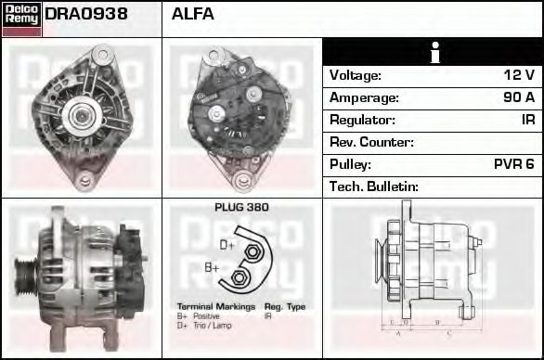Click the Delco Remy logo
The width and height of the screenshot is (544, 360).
[21, 19]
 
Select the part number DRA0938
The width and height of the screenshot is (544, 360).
[86, 15]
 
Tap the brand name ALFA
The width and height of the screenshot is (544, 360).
[193, 15]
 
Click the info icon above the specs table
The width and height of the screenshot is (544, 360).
[434, 53]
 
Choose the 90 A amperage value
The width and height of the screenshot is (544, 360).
[517, 97]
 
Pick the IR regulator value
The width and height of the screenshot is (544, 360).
[527, 120]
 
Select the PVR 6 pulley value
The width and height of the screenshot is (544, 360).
[514, 164]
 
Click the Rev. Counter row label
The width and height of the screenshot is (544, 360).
[371, 142]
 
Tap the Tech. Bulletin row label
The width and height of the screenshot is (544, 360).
[374, 186]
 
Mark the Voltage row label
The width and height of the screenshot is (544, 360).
[356, 75]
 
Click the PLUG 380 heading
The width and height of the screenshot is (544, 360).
[241, 208]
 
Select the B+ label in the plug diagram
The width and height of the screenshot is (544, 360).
[213, 268]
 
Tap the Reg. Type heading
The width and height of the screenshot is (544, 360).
[285, 307]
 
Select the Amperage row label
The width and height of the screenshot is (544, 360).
[364, 97]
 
